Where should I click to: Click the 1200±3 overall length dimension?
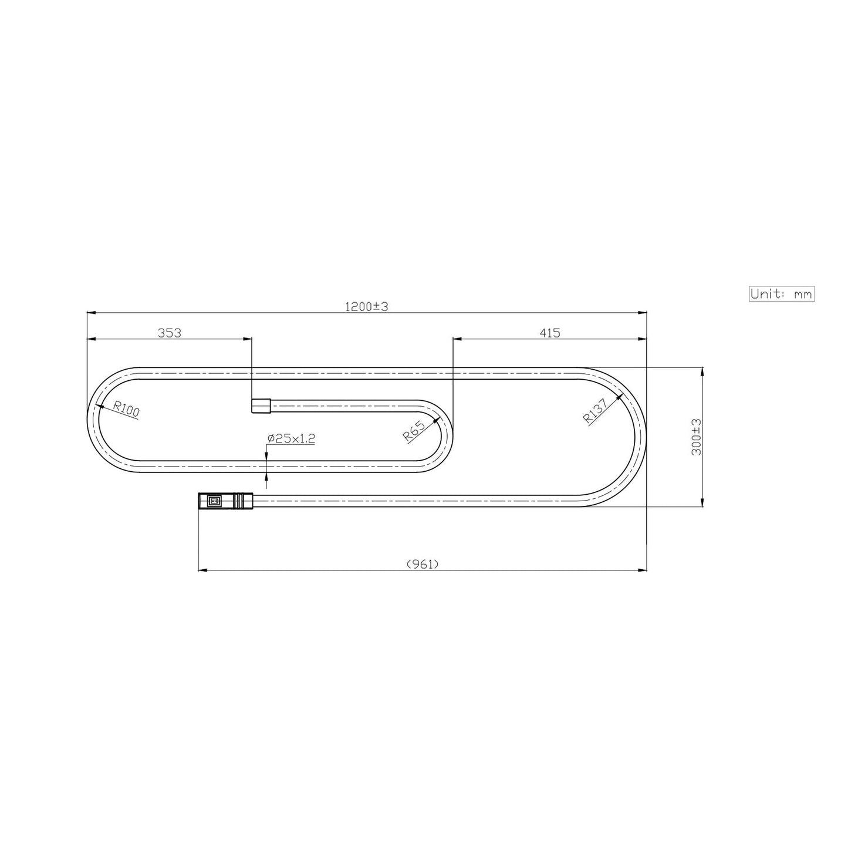click(366, 307)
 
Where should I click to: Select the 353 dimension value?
click(170, 333)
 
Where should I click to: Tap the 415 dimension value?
click(550, 333)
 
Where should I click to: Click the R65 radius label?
click(414, 431)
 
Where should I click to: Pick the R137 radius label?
click(595, 411)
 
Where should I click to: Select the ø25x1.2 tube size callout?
click(291, 438)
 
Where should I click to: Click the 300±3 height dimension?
click(696, 437)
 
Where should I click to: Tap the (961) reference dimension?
click(423, 564)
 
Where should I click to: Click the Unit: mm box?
click(782, 293)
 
